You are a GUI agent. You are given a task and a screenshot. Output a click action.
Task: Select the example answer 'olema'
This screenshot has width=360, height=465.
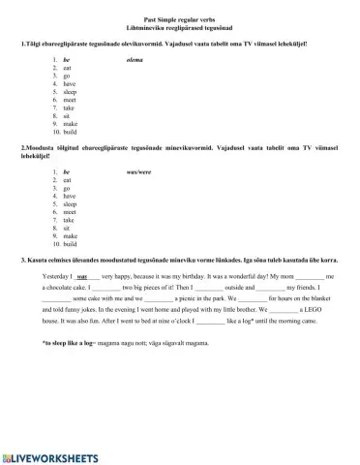pyautogui.click(x=135, y=60)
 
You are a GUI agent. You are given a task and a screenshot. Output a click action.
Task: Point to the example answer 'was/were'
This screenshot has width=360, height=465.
pyautogui.click(x=140, y=171)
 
